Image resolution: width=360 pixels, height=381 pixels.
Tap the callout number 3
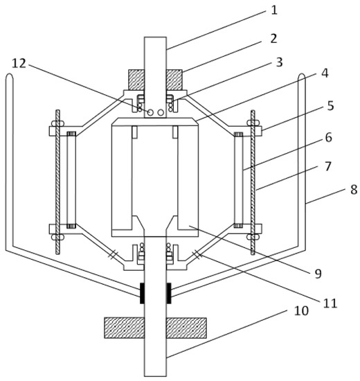point(278,62)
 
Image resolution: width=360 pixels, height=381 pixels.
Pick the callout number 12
point(17,63)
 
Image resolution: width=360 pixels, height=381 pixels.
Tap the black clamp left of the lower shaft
point(143,292)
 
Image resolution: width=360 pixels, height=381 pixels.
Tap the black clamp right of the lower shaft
point(168,292)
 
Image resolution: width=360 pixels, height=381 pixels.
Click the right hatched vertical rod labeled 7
point(254,180)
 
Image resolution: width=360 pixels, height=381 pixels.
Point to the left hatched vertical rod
point(58,180)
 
